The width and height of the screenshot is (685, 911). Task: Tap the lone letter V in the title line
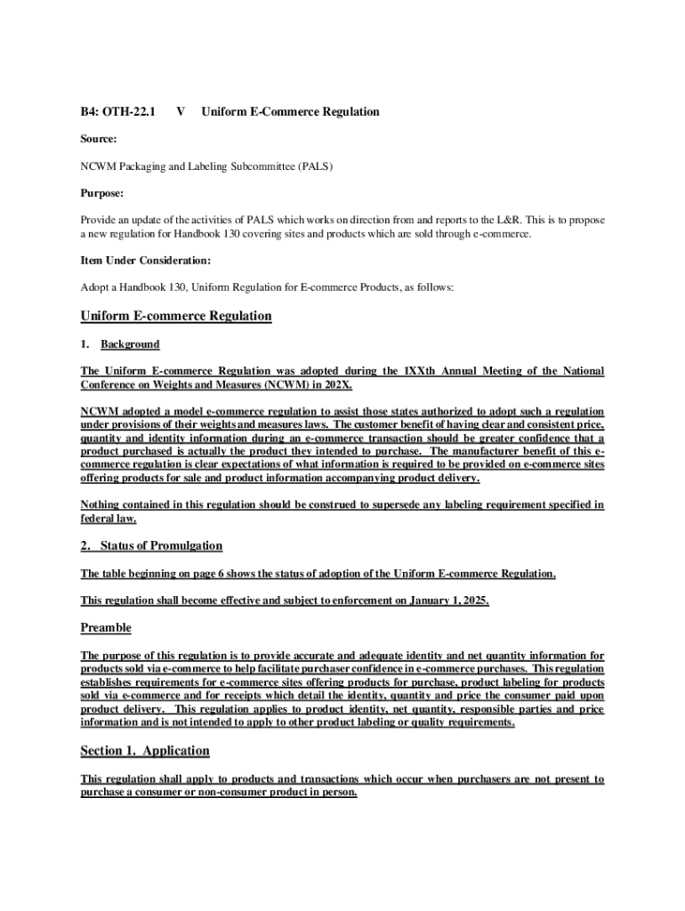[181, 112]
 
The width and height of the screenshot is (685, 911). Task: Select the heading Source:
[99, 139]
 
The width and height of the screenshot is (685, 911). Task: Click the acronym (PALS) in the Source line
[315, 166]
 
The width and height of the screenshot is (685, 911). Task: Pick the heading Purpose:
[102, 193]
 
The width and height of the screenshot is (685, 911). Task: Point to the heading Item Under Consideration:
[147, 261]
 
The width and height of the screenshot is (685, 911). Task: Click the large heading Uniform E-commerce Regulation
[176, 316]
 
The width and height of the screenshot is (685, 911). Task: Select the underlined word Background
[130, 344]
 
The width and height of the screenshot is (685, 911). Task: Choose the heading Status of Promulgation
[161, 545]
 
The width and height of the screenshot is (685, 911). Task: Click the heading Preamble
[106, 628]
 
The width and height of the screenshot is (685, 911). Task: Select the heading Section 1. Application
[145, 751]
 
